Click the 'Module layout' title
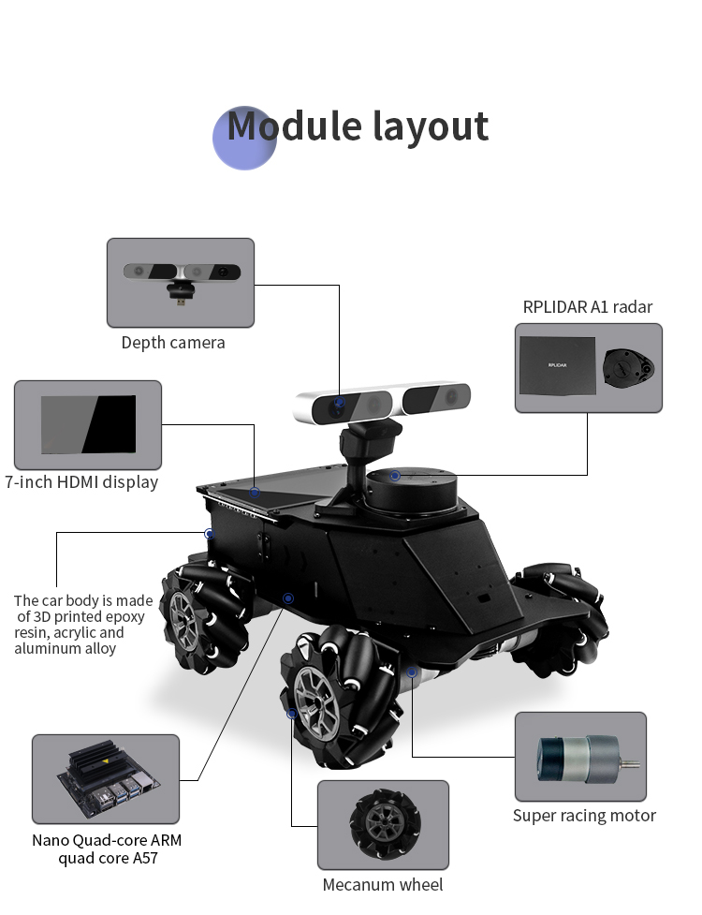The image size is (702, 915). tap(358, 126)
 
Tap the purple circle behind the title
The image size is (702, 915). tap(244, 139)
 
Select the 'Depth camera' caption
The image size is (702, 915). tap(173, 343)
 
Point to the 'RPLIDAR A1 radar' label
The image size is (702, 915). tap(587, 307)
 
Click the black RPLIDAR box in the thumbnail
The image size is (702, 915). tap(558, 365)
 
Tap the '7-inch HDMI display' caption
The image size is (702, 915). tap(81, 482)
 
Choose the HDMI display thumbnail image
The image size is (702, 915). tap(88, 424)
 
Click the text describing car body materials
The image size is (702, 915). tap(83, 625)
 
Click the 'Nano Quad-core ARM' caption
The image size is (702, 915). tap(107, 840)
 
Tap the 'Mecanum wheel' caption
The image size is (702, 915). tap(383, 885)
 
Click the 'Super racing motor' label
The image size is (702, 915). tap(584, 815)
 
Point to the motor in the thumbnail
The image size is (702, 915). tap(588, 759)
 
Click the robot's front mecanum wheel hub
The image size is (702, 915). tap(316, 703)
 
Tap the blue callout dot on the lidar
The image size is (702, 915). tap(395, 476)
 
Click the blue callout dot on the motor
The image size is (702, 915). tap(412, 672)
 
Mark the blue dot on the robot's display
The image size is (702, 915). tap(255, 492)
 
